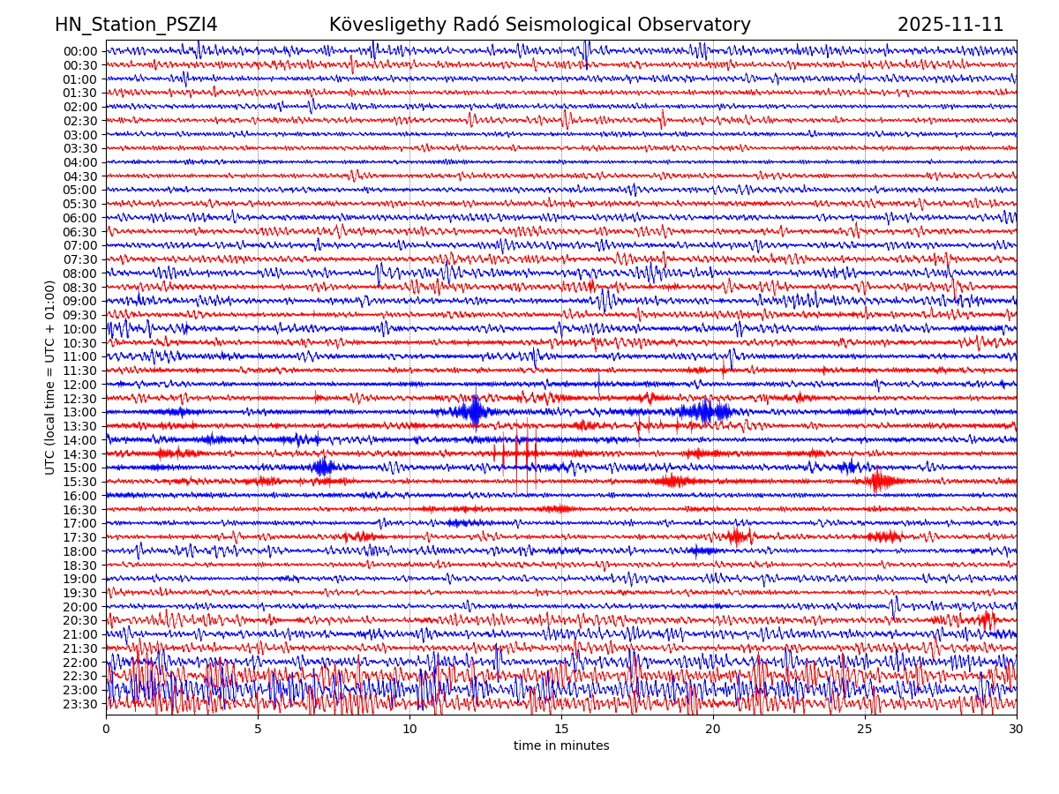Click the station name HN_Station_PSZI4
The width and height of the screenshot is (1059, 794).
coord(136,25)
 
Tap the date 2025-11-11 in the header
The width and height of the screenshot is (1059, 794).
coord(950,25)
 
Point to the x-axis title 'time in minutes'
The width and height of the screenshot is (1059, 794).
coord(561,745)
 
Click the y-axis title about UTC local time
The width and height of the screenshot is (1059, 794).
coord(50,377)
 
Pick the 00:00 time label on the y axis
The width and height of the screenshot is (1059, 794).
coord(80,51)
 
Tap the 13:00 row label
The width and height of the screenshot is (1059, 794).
coord(80,412)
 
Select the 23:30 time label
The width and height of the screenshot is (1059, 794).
coord(80,704)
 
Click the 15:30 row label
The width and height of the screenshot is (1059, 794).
coord(80,482)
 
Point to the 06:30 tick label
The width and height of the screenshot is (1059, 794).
coord(80,232)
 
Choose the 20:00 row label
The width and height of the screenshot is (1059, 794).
coord(80,607)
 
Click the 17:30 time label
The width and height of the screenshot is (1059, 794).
coord(80,537)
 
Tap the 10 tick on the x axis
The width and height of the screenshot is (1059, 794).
coord(409,729)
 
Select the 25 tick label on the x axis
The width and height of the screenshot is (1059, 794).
coord(865,729)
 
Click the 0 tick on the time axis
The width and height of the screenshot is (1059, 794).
coord(106,729)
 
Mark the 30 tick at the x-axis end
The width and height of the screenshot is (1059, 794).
coord(1017,729)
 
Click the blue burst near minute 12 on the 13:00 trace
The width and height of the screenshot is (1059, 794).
coord(475,411)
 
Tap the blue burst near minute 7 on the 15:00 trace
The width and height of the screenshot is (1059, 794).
coord(322,467)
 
